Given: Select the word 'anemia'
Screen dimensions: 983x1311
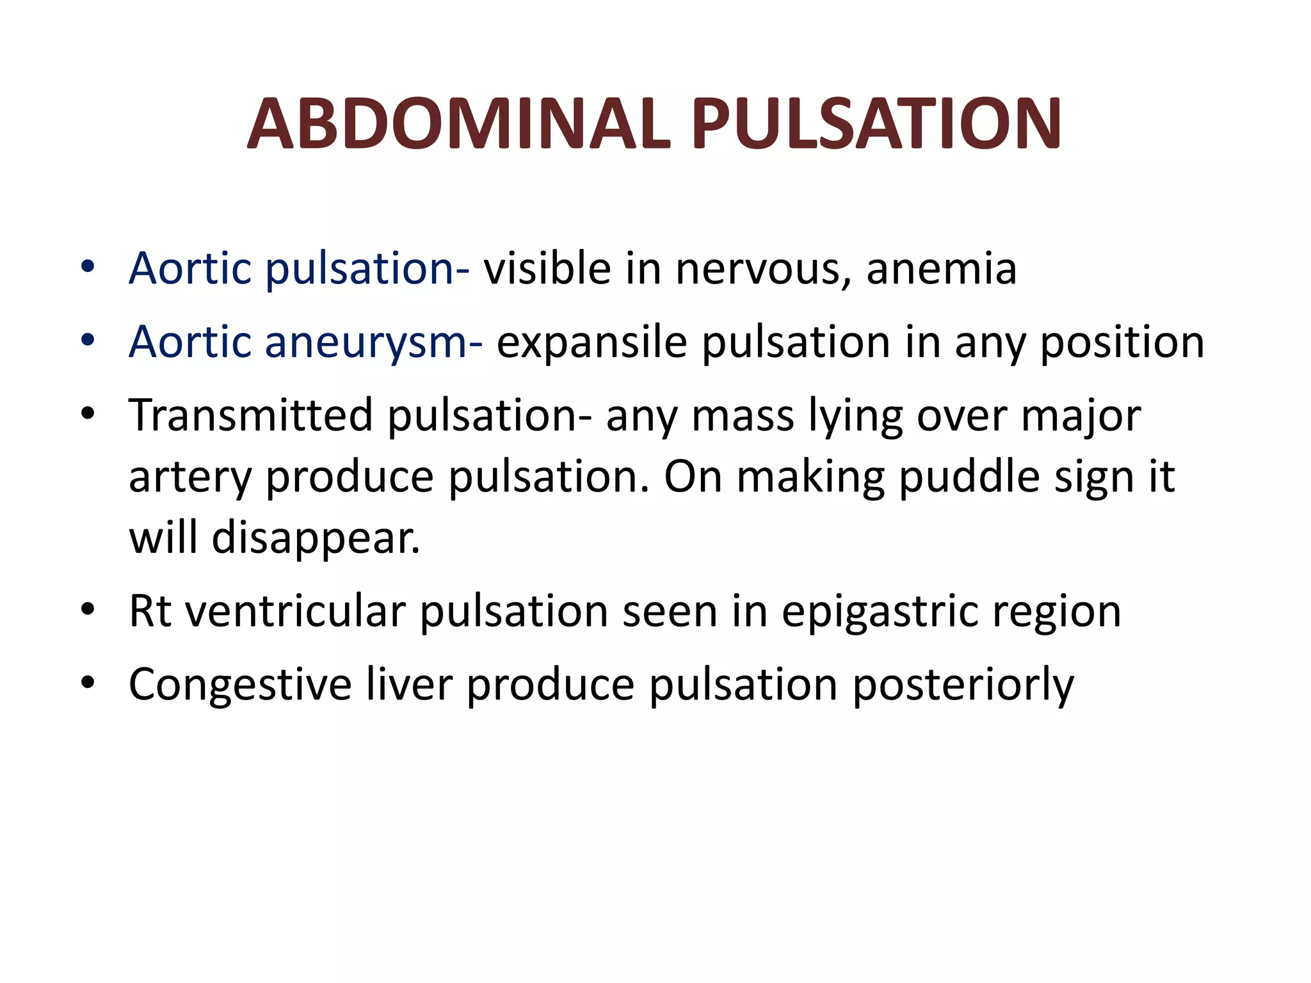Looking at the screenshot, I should pos(941,268).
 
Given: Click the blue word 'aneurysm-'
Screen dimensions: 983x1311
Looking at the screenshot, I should pos(374,342).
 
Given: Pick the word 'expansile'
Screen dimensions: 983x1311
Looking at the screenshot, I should pos(592,342).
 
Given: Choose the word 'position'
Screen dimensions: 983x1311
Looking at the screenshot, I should pos(1122,342).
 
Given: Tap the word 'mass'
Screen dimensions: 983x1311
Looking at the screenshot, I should pos(743,417).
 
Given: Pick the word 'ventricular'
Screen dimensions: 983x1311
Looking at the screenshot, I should pos(295,611).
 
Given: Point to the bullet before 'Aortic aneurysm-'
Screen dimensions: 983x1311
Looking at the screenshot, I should pos(88,340).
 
